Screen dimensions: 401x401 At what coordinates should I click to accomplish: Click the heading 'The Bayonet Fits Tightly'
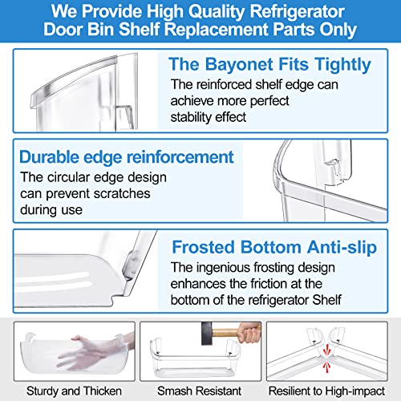tap(269, 65)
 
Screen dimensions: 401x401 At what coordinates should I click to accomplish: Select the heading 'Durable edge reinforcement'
tap(127, 157)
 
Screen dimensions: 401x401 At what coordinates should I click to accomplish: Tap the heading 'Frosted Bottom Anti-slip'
tap(274, 247)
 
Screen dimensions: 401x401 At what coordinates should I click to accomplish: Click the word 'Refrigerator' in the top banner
tap(297, 11)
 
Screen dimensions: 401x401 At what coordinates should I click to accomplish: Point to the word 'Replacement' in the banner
tap(216, 29)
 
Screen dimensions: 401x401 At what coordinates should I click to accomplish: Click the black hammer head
tap(207, 333)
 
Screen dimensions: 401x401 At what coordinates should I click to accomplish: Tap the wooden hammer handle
tap(227, 333)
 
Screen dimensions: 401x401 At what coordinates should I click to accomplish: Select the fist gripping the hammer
tap(249, 332)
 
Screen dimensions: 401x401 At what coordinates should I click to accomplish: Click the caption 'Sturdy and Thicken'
tap(74, 391)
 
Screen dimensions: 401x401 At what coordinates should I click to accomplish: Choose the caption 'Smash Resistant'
tap(200, 391)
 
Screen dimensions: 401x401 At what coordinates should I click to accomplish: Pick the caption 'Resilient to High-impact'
tap(326, 391)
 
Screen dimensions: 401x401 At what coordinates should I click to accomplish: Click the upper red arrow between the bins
tap(326, 350)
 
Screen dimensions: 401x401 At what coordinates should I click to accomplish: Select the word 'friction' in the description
tap(260, 284)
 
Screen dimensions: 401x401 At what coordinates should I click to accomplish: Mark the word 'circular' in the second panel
tap(68, 177)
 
